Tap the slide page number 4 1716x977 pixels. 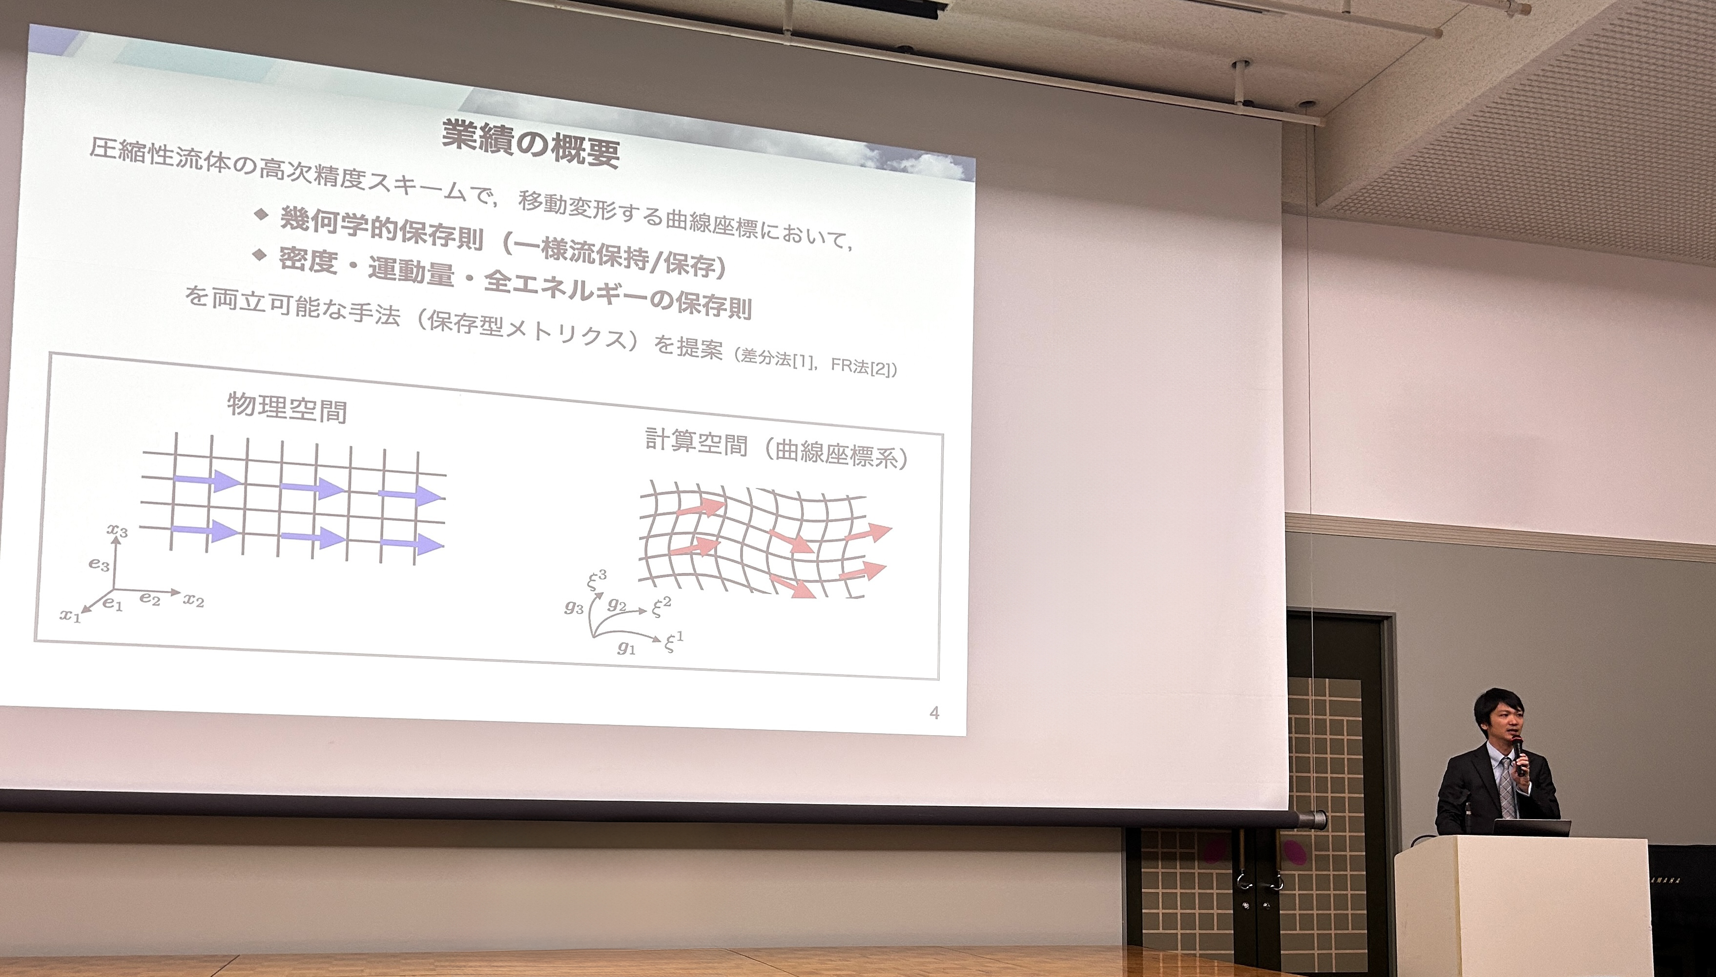pyautogui.click(x=934, y=713)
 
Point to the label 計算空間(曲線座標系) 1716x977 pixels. pyautogui.click(x=776, y=449)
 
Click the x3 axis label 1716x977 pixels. pyautogui.click(x=117, y=530)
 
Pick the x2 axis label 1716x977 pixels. pyautogui.click(x=194, y=599)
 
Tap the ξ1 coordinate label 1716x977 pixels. pyautogui.click(x=673, y=642)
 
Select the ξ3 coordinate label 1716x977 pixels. pyautogui.click(x=597, y=579)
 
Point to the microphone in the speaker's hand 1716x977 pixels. pyautogui.click(x=1517, y=755)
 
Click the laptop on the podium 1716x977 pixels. pyautogui.click(x=1531, y=828)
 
